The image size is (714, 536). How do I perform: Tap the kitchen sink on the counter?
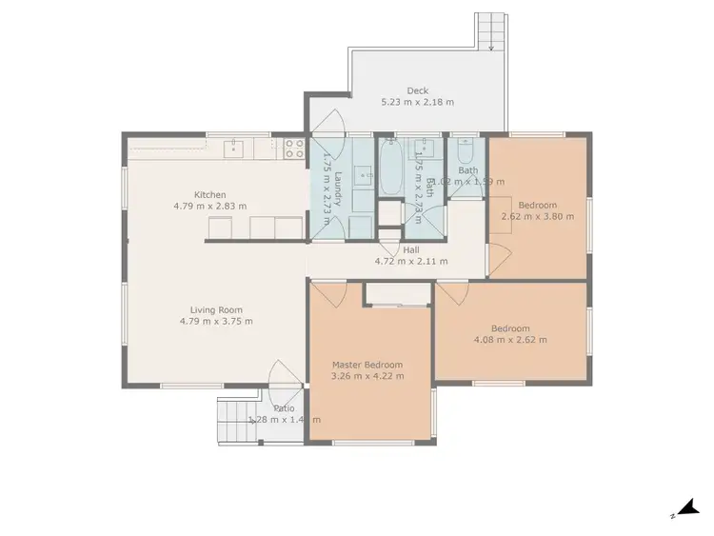coord(235,149)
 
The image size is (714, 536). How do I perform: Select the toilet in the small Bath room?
coord(466,152)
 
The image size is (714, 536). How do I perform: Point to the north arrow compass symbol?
coord(684,509)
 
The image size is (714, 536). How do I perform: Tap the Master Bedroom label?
coord(367,365)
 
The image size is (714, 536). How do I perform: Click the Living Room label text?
coord(216,309)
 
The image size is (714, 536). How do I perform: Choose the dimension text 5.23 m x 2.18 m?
coord(417,102)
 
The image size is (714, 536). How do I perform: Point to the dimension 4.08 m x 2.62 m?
coord(509,339)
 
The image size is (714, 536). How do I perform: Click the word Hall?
coord(411,249)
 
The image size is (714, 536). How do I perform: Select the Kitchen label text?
coord(209,194)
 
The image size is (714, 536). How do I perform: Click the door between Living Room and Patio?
coord(283,375)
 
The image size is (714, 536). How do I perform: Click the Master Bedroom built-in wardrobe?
coord(396,294)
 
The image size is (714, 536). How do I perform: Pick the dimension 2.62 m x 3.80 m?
coord(538,216)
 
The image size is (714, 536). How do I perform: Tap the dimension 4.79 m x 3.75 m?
coord(216,321)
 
